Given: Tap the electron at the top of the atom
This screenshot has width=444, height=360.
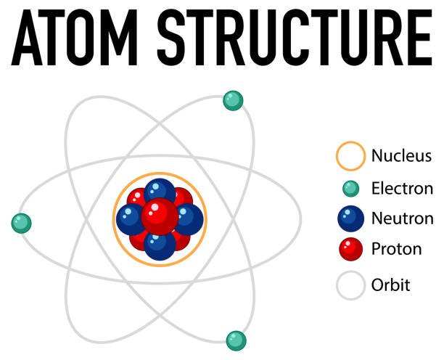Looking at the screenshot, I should tap(232, 100).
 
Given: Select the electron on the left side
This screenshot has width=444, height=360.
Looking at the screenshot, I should tap(22, 223).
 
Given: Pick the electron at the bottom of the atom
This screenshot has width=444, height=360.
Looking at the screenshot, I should tap(236, 340).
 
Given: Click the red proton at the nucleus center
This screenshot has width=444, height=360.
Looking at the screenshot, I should tap(160, 216).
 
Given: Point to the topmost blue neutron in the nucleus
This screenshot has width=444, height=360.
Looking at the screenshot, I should tap(159, 192).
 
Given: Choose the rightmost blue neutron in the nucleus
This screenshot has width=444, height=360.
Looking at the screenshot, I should tap(189, 219).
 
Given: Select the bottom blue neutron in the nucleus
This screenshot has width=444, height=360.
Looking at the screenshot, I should tap(159, 245).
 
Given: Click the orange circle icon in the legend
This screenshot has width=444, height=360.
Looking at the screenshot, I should tap(350, 156).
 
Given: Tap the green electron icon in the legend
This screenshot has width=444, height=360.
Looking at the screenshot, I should tap(350, 189).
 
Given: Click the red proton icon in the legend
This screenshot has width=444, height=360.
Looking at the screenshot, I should tap(350, 250).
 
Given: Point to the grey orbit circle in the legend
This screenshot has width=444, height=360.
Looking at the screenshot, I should tap(350, 285).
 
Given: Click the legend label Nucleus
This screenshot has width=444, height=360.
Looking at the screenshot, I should tap(401, 155).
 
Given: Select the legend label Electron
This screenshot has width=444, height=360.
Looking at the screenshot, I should tap(402, 189).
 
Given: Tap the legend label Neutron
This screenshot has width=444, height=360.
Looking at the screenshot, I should tap(402, 218).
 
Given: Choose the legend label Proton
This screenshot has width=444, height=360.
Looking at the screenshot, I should tap(396, 249).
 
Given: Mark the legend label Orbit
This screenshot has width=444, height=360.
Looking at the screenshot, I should tap(390, 285).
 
